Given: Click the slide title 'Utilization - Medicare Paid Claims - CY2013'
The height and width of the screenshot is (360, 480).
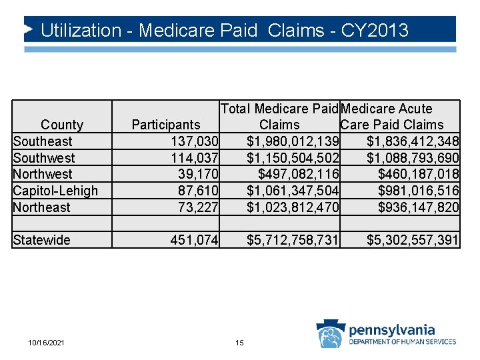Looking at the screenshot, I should click(224, 31).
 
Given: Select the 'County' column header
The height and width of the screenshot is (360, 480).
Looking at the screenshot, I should click(62, 125).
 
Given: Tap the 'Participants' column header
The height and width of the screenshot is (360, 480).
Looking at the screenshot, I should click(166, 125).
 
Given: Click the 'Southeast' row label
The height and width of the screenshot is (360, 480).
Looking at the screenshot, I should click(43, 141).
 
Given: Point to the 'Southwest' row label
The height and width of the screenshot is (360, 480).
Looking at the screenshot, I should click(44, 158).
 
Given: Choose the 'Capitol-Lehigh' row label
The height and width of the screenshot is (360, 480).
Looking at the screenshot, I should click(55, 191).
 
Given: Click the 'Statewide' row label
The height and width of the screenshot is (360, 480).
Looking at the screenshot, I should click(41, 240).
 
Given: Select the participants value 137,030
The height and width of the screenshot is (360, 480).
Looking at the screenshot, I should click(195, 141).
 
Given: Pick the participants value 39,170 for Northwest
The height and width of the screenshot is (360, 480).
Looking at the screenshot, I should click(198, 174).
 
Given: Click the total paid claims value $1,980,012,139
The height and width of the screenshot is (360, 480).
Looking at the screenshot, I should click(293, 141).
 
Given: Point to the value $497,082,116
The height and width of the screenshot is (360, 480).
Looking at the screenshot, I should click(298, 174).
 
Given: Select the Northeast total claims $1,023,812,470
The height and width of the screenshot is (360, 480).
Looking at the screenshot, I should click(293, 207).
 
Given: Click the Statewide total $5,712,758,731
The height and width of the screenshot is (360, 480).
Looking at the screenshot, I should click(293, 240).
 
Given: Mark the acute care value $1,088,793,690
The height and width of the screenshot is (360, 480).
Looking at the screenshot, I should click(413, 158).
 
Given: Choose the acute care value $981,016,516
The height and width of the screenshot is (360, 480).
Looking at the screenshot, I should click(418, 191).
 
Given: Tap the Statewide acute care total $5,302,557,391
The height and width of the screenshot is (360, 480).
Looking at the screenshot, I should click(413, 240).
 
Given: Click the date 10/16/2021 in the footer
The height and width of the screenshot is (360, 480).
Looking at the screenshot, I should click(47, 343).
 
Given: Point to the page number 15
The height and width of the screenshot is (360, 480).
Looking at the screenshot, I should click(239, 343).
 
